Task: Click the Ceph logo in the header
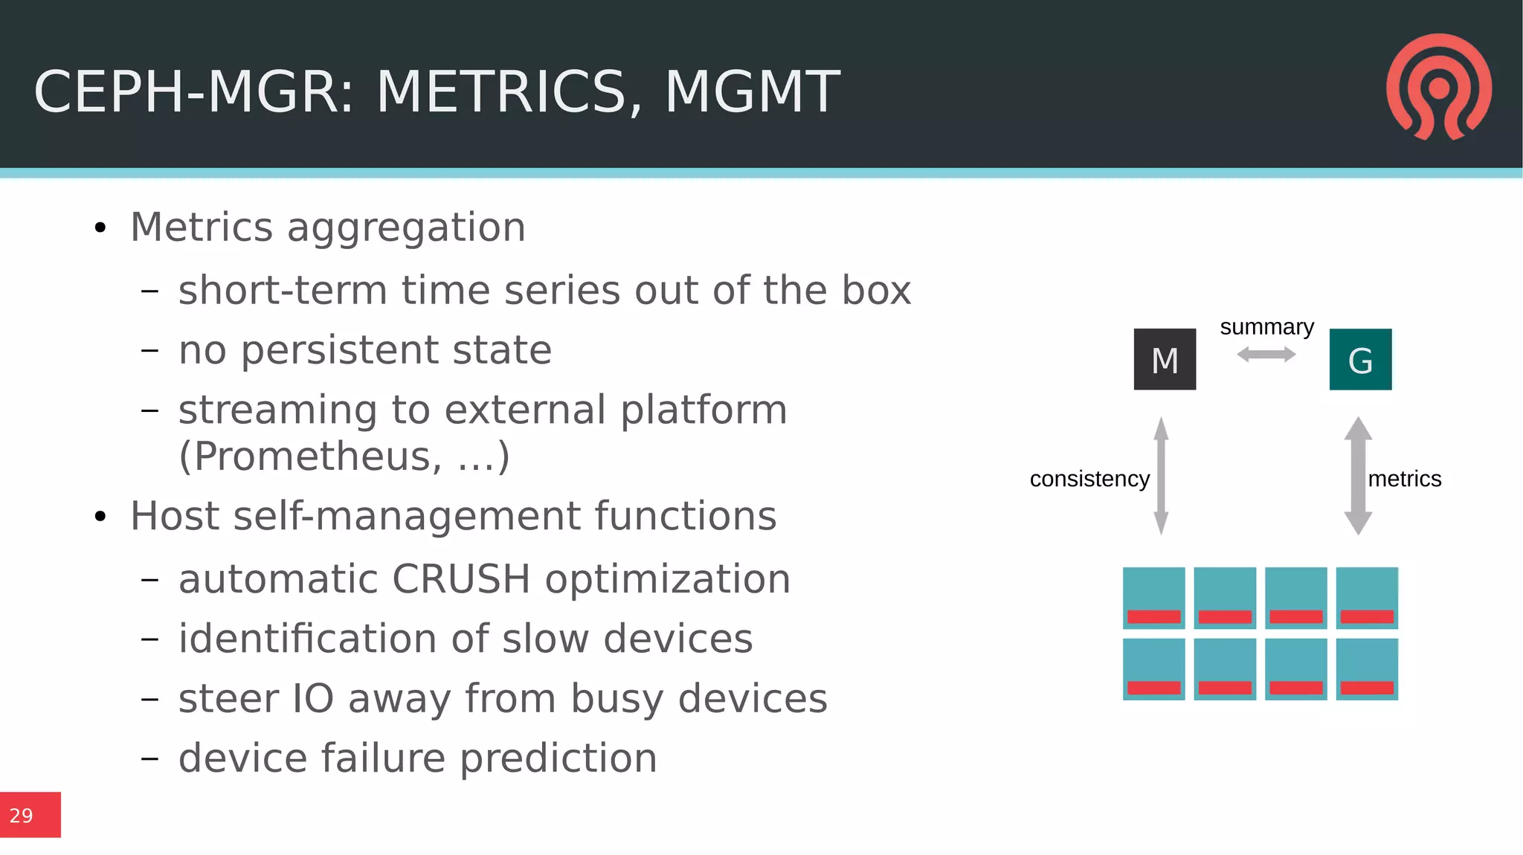1439,87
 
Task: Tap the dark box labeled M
1165,360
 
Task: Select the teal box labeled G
1360,360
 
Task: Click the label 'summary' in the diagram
1266,327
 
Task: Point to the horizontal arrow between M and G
1266,355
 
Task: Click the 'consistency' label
1089,479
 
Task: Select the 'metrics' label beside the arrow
1404,479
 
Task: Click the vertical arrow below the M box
1161,476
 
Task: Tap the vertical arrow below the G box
1358,476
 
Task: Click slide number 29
22,816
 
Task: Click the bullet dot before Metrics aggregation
100,228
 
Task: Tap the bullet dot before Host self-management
100,517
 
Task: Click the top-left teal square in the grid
1153,597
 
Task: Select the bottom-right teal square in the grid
1367,668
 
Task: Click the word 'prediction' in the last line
558,758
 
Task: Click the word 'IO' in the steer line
312,699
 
